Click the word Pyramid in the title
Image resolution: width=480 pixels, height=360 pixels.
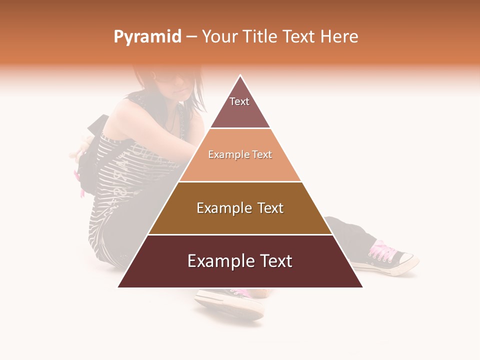[147, 37]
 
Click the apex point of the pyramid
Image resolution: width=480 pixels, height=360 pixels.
[240, 76]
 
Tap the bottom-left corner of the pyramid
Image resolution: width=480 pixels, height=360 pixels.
[119, 287]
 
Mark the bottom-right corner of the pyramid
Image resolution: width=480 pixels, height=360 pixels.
[362, 287]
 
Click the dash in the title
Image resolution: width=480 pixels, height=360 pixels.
[191, 37]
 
